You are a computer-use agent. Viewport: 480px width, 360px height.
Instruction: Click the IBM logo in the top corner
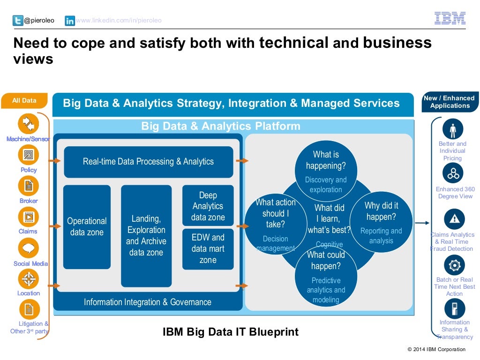450,18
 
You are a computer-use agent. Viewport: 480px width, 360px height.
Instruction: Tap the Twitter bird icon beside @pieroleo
18,21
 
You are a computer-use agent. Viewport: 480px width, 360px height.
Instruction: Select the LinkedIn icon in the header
70,21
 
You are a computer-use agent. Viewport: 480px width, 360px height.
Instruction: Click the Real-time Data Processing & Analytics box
148,162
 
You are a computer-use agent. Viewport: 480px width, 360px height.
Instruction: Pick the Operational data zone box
87,227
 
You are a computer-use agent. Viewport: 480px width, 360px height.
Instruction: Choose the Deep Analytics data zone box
208,206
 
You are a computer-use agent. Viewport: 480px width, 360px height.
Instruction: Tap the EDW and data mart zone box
208,249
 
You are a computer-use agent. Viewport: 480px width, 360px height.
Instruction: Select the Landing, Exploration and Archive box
146,236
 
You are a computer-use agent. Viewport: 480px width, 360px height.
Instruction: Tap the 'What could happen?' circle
326,277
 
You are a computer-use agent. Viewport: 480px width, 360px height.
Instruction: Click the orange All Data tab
24,101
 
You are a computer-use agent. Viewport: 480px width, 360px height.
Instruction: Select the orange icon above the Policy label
29,155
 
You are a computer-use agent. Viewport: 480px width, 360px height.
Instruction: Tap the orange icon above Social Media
29,248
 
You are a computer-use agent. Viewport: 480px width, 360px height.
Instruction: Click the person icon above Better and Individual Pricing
453,129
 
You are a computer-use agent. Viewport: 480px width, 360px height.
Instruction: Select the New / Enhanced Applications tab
449,102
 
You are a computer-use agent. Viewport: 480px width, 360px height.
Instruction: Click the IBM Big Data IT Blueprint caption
230,332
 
